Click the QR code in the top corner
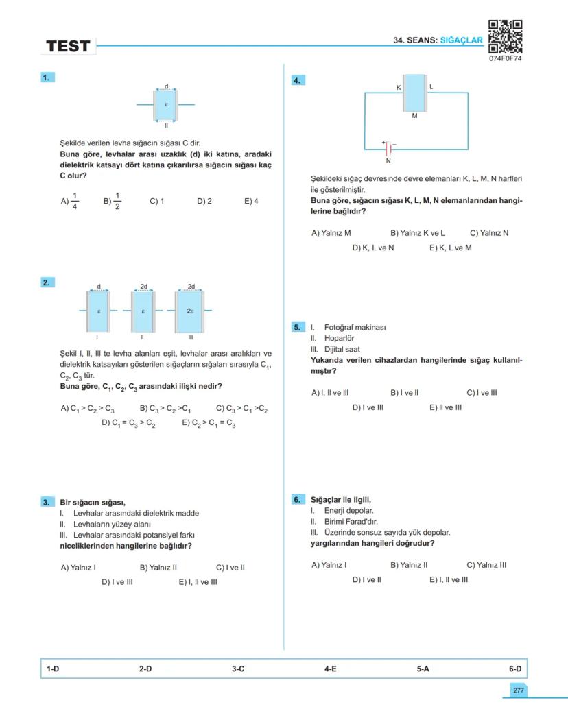pyautogui.click(x=505, y=36)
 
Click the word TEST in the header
pyautogui.click(x=68, y=47)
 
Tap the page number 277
pyautogui.click(x=518, y=690)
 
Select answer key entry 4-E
pyautogui.click(x=330, y=668)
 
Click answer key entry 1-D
pyautogui.click(x=53, y=668)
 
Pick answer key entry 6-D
pyautogui.click(x=514, y=668)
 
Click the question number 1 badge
pyautogui.click(x=46, y=78)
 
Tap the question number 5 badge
pyautogui.click(x=297, y=327)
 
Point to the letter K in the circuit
pyautogui.click(x=399, y=88)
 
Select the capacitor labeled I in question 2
pyautogui.click(x=98, y=311)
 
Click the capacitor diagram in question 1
pyautogui.click(x=166, y=104)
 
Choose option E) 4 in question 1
pyautogui.click(x=251, y=202)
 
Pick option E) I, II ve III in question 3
pyautogui.click(x=198, y=582)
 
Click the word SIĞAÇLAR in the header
pyautogui.click(x=462, y=40)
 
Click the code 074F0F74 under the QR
pyautogui.click(x=506, y=59)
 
